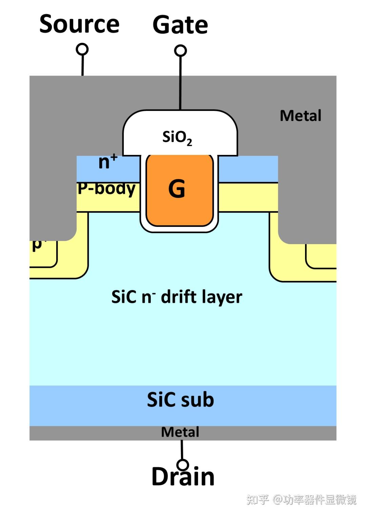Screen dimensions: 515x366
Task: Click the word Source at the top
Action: coord(79,24)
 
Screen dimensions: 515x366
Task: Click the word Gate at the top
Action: coord(180,25)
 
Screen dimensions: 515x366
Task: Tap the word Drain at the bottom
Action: coord(183,477)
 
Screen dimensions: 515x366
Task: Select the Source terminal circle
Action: coord(82,49)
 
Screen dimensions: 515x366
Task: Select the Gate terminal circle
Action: coord(180,51)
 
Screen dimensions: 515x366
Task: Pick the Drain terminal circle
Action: coord(183,464)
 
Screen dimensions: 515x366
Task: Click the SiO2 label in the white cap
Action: coord(177,137)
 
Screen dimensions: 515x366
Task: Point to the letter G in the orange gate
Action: coord(177,189)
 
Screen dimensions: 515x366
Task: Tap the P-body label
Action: coord(106,189)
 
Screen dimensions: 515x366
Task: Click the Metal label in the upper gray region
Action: coord(300,116)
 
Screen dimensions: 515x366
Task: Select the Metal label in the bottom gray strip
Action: coord(180,432)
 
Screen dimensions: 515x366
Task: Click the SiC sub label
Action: coord(180,400)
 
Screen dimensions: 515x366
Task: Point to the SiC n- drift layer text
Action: coord(177,297)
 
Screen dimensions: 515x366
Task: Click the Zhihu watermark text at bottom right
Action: coord(301,499)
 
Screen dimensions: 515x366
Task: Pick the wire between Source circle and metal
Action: coord(82,65)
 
